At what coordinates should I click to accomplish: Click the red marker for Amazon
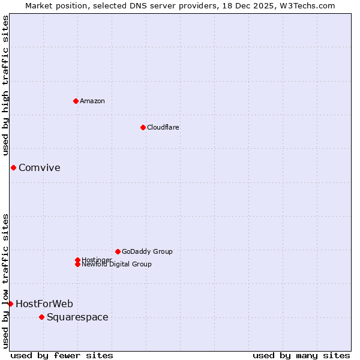coord(76,101)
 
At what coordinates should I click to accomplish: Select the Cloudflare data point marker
coord(143,127)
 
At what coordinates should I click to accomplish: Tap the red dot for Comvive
coord(13,167)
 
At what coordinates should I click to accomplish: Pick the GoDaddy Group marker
coord(118,251)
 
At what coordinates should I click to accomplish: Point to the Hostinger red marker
coord(77,260)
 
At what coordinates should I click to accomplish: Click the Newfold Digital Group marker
coord(77,264)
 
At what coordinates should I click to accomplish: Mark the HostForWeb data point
coord(10,304)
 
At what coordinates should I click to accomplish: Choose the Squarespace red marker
coord(41,317)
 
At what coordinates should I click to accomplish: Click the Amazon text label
coord(92,101)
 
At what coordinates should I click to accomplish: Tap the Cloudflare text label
coord(163,127)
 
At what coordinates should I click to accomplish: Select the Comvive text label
coord(40,167)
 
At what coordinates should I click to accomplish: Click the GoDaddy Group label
coord(147,251)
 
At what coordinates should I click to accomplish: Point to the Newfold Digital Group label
coord(117,265)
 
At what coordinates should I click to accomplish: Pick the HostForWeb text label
coord(44,304)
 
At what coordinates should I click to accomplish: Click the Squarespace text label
coord(77,317)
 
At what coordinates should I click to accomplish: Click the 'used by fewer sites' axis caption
coord(62,355)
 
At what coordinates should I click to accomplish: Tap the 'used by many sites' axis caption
coord(301,355)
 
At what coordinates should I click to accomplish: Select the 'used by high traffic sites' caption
coord(6,85)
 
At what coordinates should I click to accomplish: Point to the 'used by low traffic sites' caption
coord(6,281)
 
